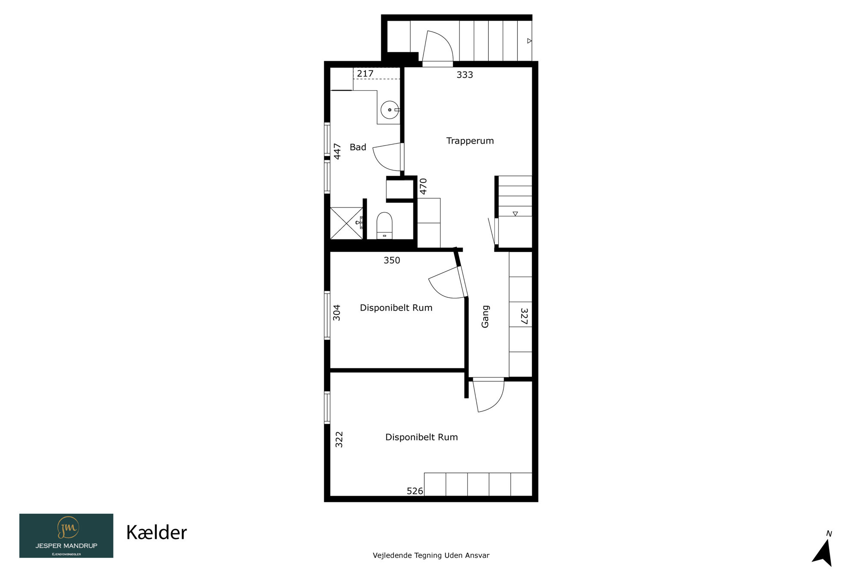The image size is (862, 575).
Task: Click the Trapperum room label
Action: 470,141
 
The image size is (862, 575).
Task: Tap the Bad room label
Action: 358,147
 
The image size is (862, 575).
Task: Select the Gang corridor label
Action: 485,317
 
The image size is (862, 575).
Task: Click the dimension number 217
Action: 365,74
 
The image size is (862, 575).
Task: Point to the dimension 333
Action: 465,75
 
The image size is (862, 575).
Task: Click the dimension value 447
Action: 337,151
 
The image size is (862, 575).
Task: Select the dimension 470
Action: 423,186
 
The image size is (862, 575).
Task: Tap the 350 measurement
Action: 392,261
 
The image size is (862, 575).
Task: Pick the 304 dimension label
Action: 337,313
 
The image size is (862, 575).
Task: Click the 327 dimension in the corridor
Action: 524,316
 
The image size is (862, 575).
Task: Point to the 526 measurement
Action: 415,491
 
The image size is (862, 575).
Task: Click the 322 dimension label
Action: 339,440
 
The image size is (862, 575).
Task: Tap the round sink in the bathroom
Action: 390,110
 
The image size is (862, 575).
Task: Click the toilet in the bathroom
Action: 384,225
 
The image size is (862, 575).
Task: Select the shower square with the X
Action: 347,223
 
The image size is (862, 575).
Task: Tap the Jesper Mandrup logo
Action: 66,536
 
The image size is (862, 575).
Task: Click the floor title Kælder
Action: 156,533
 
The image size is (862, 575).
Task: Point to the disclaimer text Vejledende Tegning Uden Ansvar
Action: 431,556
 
